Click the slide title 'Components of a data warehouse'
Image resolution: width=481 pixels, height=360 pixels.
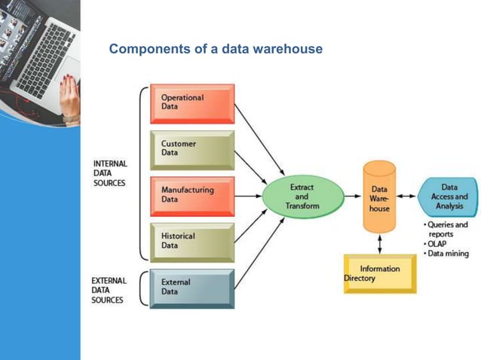(216, 49)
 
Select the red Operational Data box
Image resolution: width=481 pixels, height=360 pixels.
(192, 103)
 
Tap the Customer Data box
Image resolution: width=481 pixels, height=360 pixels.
(192, 149)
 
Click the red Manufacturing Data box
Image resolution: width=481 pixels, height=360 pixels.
(192, 196)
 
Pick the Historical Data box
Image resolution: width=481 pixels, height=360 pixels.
(192, 241)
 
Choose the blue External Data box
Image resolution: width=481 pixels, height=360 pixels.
(192, 288)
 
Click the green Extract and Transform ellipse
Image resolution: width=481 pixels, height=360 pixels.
(302, 197)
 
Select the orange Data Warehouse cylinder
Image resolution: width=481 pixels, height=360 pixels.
(379, 197)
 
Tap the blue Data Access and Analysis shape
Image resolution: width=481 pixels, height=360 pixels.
(449, 197)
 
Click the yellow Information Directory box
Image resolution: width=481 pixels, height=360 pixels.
(379, 273)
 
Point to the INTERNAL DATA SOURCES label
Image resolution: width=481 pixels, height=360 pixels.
(110, 173)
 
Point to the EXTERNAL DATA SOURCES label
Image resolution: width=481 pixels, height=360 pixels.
(110, 290)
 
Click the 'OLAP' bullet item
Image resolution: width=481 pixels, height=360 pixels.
(437, 244)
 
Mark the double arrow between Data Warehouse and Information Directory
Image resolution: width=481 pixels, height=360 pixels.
(379, 243)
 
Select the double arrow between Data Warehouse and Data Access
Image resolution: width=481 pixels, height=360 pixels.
(406, 197)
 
